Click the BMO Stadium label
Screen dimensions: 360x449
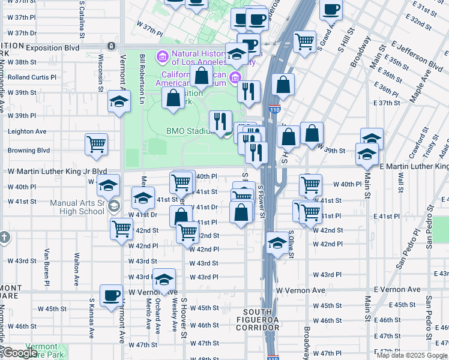click(191, 131)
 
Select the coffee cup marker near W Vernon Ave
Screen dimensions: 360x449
click(111, 296)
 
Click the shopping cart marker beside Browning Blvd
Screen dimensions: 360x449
click(96, 145)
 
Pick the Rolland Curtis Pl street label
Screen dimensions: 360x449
click(32, 77)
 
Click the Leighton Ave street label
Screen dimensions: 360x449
click(27, 131)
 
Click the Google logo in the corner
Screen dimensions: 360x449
click(20, 352)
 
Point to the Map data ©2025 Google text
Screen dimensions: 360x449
click(411, 355)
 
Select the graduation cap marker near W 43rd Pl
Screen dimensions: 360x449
click(163, 280)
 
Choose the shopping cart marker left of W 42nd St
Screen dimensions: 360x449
click(121, 228)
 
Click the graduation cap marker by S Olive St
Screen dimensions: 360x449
click(277, 243)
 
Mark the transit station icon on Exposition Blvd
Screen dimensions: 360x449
click(110, 46)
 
